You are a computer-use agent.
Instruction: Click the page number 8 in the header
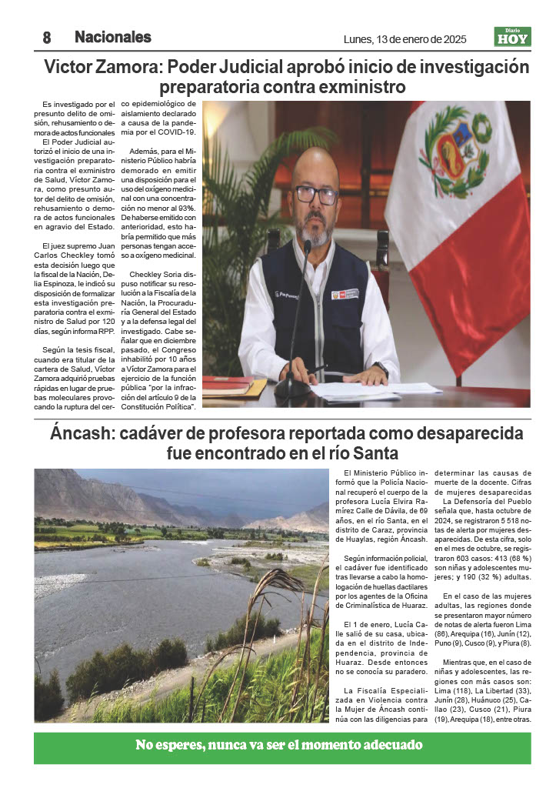click(46, 37)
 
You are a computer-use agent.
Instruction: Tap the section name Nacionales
click(112, 37)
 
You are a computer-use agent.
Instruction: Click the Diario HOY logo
click(512, 37)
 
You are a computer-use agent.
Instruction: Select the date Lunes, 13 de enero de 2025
click(405, 39)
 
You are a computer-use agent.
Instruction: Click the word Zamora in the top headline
click(127, 66)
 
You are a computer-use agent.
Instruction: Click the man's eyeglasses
click(316, 194)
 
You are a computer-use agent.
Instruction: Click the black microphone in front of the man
click(295, 323)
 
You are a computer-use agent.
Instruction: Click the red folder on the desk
click(229, 383)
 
